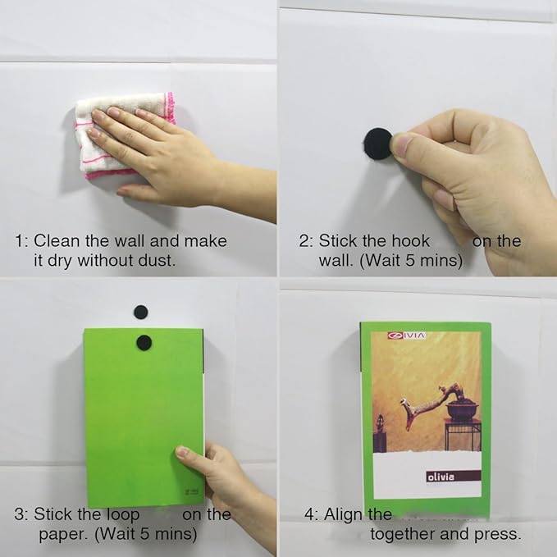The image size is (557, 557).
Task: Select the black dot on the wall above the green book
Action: [x=141, y=311]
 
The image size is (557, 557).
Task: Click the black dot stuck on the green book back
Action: [x=144, y=342]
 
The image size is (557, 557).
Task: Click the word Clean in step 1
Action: [x=57, y=241]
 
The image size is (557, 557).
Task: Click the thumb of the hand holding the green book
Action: [x=189, y=454]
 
